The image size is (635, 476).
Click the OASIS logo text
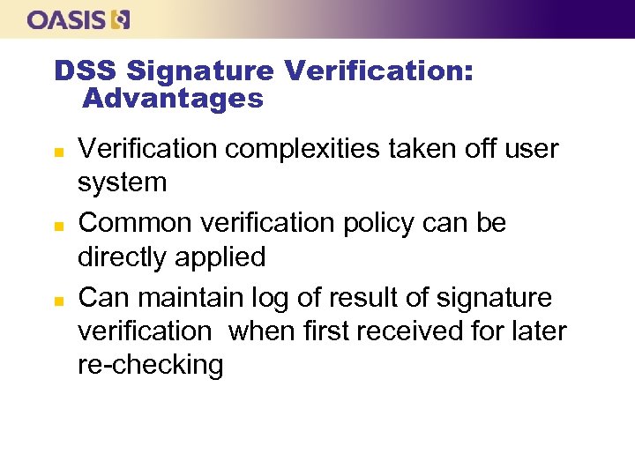[65, 19]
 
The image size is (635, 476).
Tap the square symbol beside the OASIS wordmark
[122, 19]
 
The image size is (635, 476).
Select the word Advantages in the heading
[173, 98]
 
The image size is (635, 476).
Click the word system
[123, 183]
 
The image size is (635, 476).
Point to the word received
[419, 331]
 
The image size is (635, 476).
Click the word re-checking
[151, 365]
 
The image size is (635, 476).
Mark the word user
[531, 150]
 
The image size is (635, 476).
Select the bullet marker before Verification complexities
[57, 151]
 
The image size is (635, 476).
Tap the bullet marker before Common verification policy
[57, 225]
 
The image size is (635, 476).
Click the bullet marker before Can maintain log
[57, 299]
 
